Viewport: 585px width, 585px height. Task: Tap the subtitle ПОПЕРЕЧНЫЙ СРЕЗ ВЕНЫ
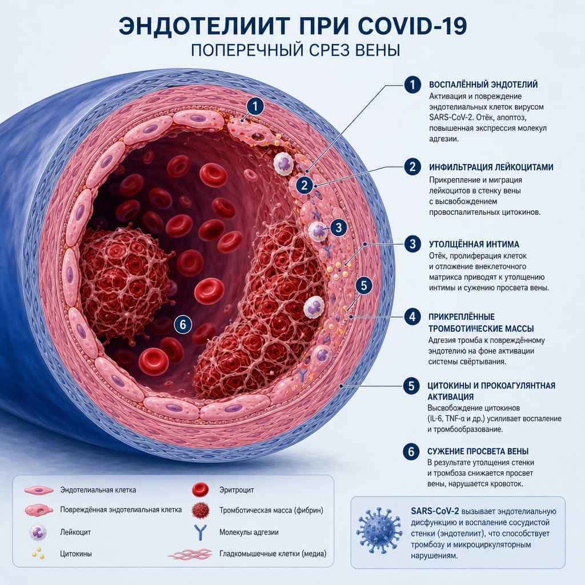click(295, 50)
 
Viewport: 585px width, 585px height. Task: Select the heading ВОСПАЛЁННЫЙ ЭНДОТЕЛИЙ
click(483, 85)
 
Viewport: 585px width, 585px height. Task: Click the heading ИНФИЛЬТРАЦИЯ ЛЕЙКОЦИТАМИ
click(491, 167)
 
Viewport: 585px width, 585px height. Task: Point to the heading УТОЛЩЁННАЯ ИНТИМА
click(474, 245)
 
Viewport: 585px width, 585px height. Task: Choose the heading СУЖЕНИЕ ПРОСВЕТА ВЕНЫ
click(478, 451)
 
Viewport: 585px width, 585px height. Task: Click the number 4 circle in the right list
click(412, 316)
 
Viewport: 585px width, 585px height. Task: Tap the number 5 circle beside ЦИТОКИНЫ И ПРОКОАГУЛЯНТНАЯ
click(411, 386)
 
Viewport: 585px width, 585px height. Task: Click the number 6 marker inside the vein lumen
click(183, 324)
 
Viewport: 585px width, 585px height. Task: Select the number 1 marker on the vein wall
click(255, 107)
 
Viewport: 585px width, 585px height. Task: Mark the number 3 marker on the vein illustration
click(338, 227)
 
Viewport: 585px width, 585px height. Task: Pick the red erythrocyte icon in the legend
click(201, 490)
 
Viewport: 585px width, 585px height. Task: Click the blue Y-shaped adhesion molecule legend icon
click(201, 532)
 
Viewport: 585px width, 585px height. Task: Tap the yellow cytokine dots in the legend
click(38, 554)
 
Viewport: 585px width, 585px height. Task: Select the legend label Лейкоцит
click(75, 532)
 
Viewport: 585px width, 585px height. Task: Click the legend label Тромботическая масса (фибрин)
click(271, 510)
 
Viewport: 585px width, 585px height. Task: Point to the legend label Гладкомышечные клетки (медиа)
click(273, 554)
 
